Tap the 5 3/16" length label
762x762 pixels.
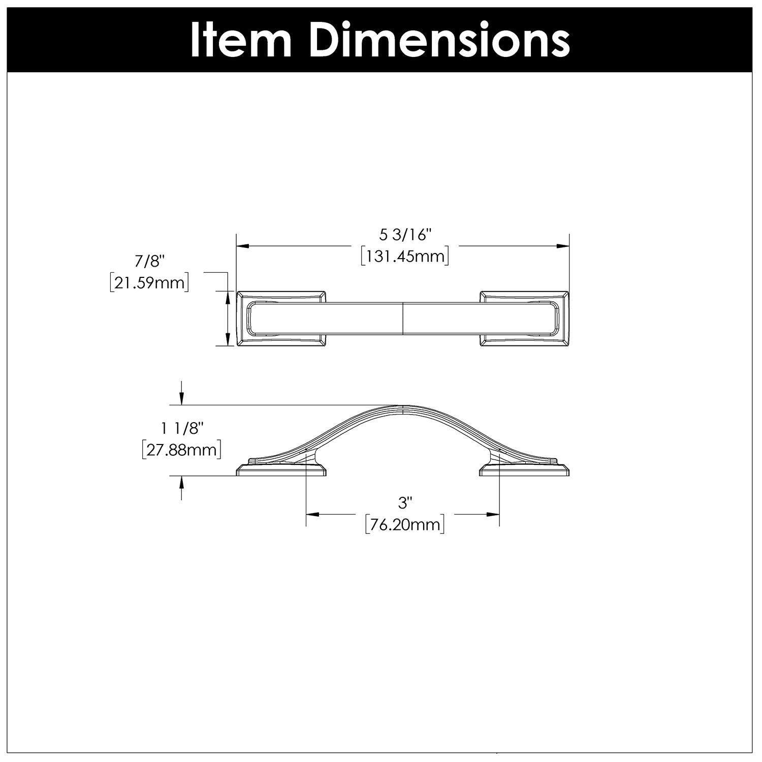405,235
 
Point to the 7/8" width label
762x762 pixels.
150,261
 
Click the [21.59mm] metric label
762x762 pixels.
149,282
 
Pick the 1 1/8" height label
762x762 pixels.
182,429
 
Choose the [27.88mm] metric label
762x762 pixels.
181,450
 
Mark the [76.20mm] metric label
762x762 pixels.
405,524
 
